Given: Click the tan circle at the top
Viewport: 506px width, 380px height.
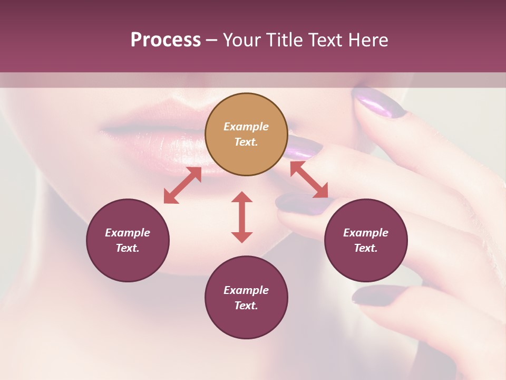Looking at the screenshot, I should point(246,135).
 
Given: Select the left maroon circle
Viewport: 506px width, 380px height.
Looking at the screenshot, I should point(128,240).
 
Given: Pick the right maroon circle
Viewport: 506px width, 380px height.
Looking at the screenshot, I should point(366,240).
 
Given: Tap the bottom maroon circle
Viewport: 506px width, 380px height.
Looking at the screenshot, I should point(246,298).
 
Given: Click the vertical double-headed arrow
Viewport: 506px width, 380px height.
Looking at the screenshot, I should point(242,217).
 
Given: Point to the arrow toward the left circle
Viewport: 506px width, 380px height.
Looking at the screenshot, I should point(182,185).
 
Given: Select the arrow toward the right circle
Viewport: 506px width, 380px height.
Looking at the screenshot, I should point(309,179).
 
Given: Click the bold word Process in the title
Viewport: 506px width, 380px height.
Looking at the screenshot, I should point(166,40).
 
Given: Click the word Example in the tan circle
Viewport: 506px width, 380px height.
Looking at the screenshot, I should point(246,127).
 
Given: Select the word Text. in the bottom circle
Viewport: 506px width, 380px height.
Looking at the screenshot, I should point(246,306).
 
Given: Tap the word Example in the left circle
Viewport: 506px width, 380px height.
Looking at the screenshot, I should point(128,233).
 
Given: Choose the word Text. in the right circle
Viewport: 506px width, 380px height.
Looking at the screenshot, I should point(366,248).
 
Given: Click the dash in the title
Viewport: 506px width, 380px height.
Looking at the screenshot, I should point(212,40).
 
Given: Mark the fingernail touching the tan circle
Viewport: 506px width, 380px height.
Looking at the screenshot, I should point(304,147).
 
